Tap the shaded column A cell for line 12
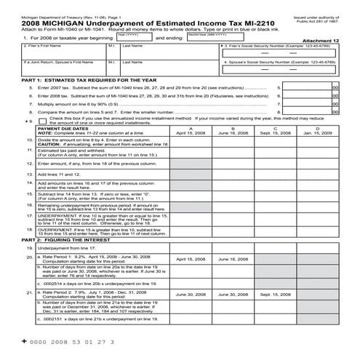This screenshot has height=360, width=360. (191, 164)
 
